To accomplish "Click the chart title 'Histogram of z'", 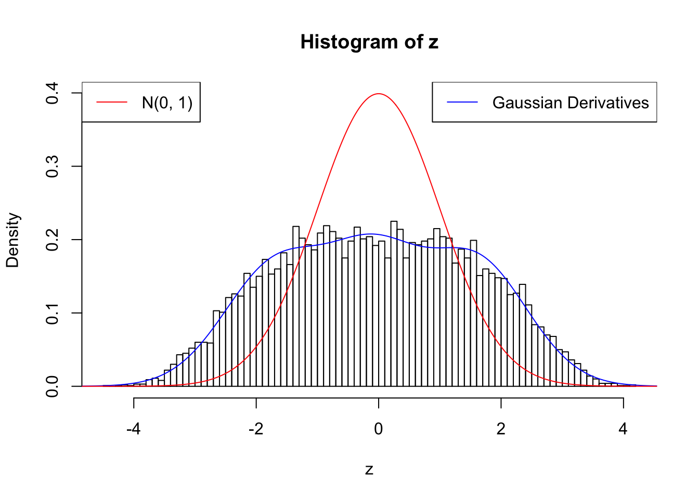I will (369, 42).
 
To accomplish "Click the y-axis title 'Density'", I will (12, 240).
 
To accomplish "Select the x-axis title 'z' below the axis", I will (369, 469).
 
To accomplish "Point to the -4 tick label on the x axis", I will (134, 429).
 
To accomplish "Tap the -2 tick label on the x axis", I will (256, 429).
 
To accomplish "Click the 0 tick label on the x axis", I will (379, 429).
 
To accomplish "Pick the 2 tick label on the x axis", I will (501, 429).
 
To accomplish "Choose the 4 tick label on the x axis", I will (623, 429).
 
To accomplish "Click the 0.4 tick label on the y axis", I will (52, 93).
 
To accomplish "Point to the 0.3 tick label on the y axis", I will (52, 167).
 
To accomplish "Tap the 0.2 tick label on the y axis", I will (52, 240).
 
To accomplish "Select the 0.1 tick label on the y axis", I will (52, 313).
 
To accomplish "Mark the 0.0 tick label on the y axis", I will (52, 386).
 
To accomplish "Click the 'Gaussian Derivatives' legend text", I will (571, 103).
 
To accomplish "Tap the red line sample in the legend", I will (112, 103).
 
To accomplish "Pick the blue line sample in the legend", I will (462, 103).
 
